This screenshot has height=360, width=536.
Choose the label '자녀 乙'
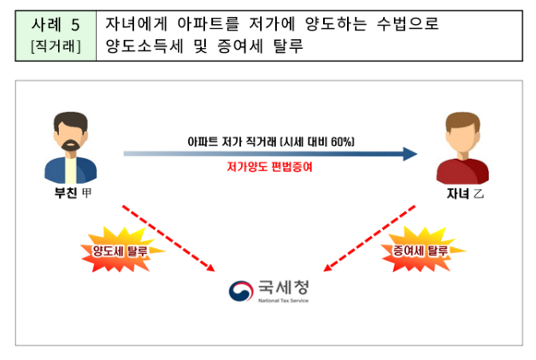(x=464, y=195)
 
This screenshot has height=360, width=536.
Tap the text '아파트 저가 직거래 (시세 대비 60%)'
(x=271, y=140)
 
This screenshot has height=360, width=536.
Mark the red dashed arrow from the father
(x=167, y=237)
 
